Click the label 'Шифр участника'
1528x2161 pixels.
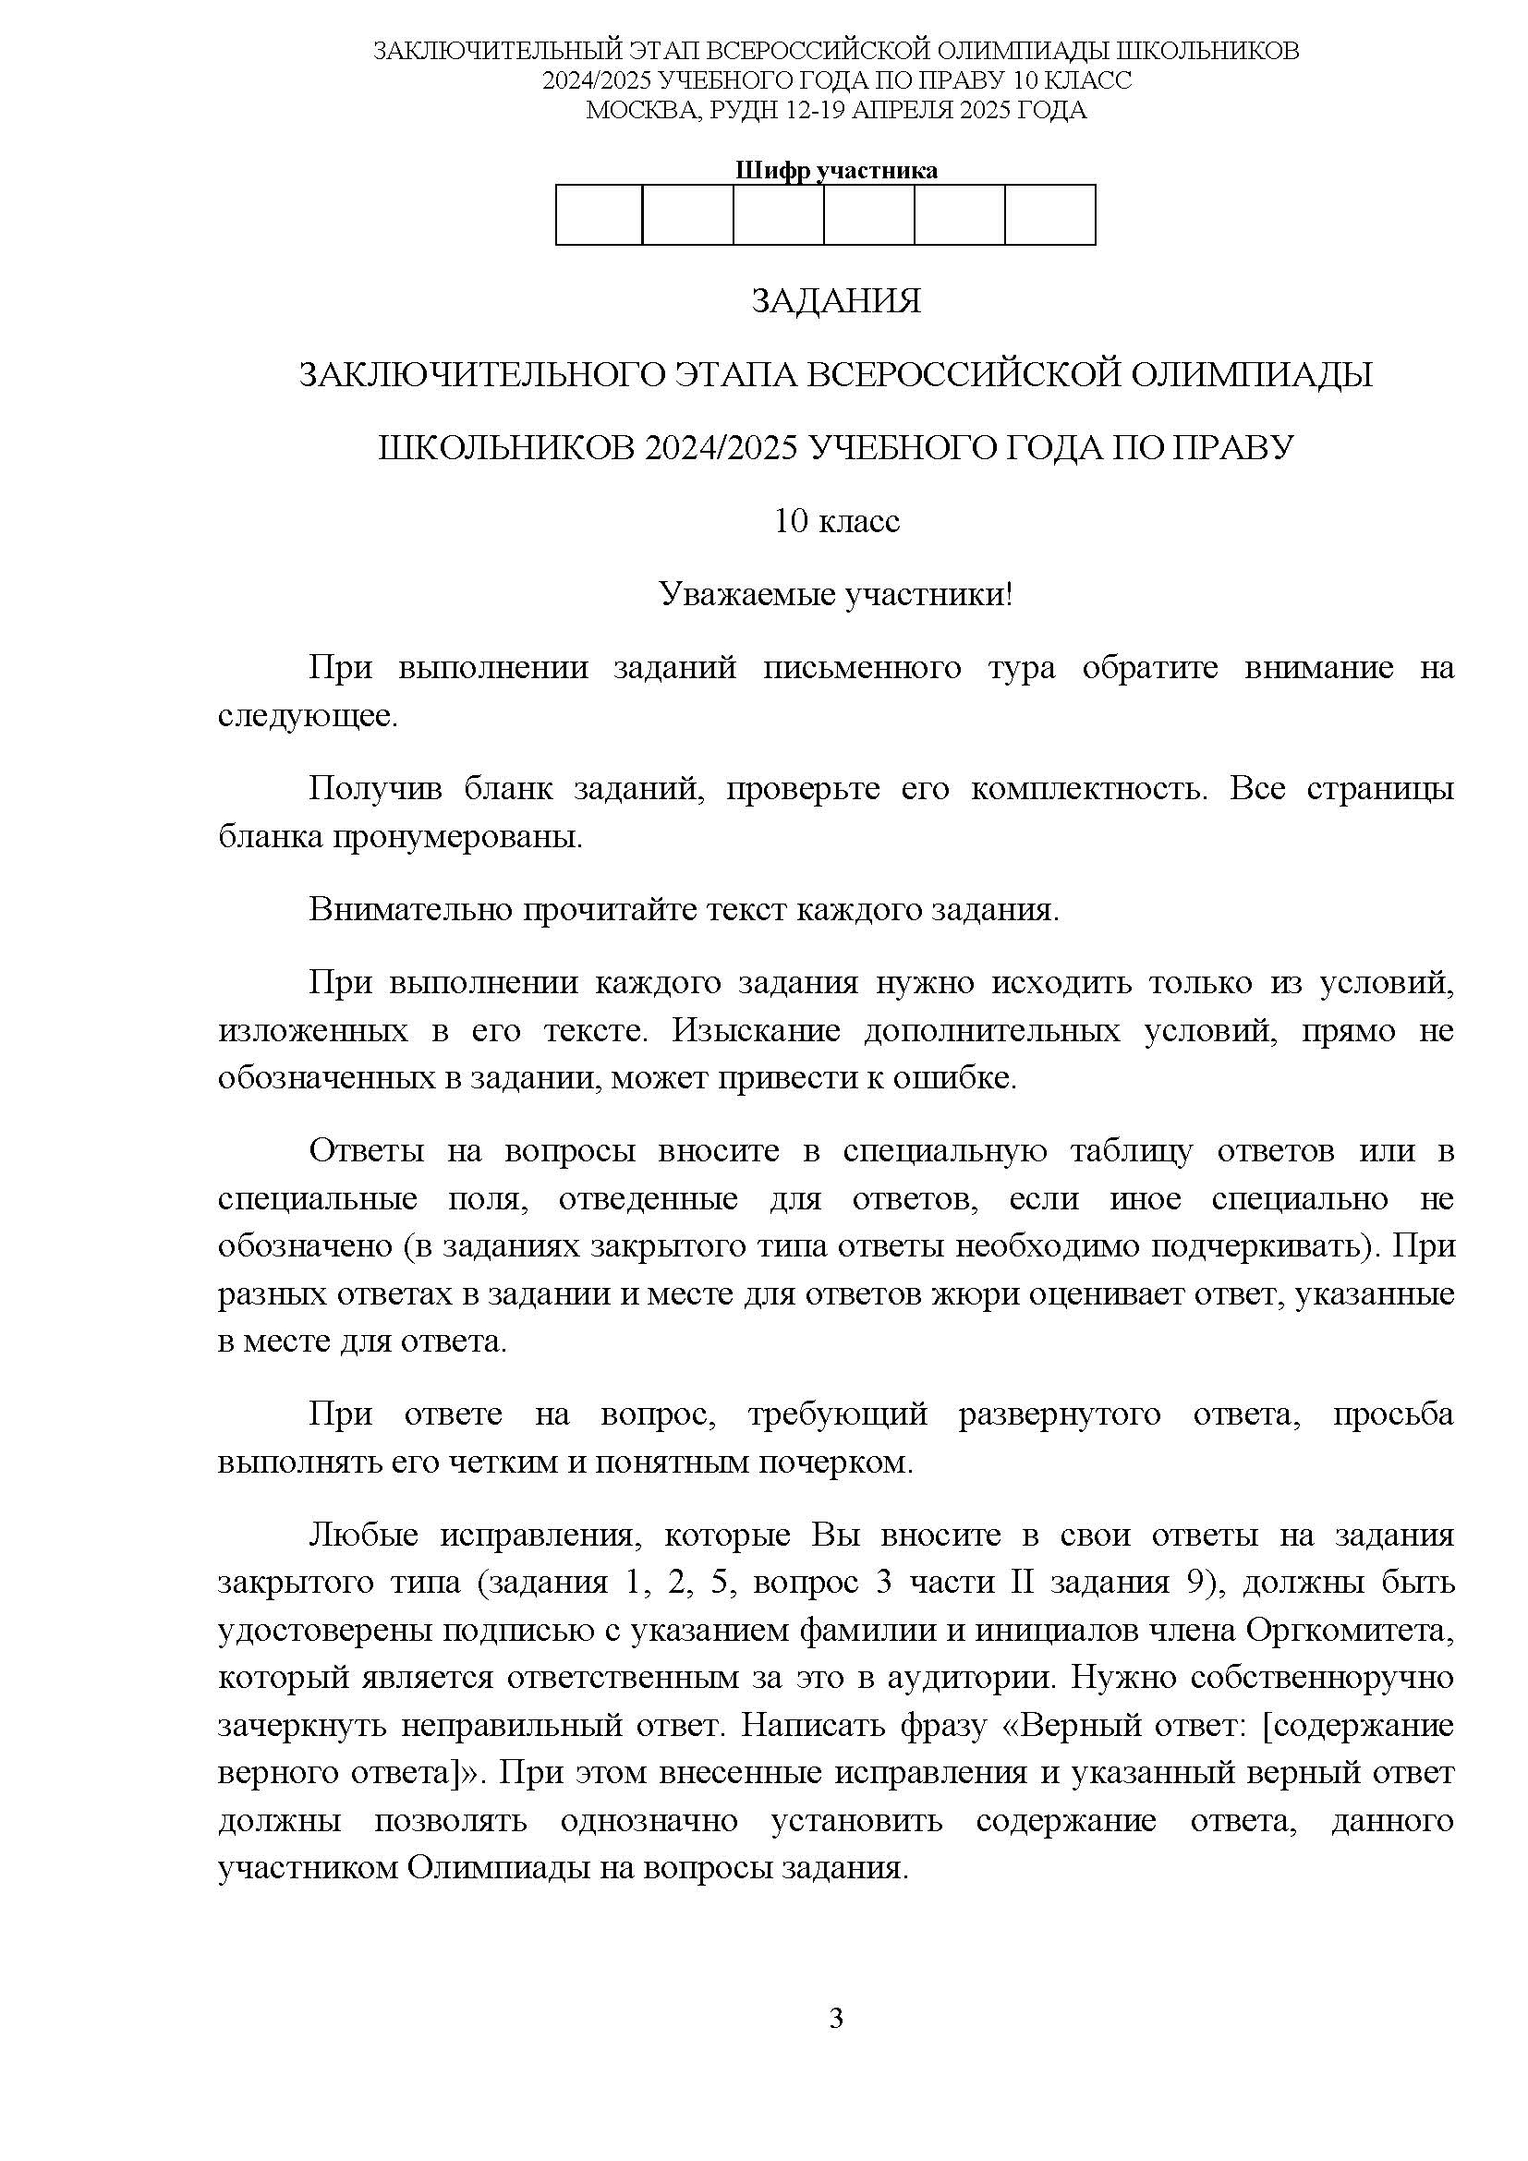tap(835, 170)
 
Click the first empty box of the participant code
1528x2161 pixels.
tap(600, 214)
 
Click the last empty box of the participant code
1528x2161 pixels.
tap(1050, 214)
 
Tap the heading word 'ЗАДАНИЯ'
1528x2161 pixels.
tap(835, 301)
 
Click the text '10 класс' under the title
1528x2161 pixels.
tap(836, 520)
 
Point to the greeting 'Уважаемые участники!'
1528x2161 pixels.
tap(835, 595)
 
